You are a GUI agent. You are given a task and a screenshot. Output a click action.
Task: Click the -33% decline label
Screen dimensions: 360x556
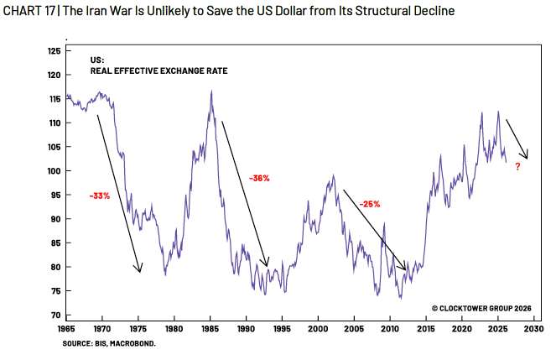pyautogui.click(x=99, y=196)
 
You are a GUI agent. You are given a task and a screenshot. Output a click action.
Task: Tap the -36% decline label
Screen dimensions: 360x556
pyautogui.click(x=259, y=178)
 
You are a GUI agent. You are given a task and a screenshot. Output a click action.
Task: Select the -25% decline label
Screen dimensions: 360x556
pyautogui.click(x=370, y=203)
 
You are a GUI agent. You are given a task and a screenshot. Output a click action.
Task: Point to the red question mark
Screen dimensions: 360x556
pyautogui.click(x=517, y=167)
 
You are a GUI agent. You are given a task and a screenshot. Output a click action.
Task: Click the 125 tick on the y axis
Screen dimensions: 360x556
pyautogui.click(x=55, y=51)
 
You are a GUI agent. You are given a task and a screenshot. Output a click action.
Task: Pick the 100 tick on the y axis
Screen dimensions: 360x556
pyautogui.click(x=55, y=171)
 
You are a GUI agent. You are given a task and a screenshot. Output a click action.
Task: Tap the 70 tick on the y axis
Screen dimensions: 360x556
pyautogui.click(x=56, y=316)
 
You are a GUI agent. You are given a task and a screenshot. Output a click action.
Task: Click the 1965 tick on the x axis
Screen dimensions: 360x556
pyautogui.click(x=68, y=330)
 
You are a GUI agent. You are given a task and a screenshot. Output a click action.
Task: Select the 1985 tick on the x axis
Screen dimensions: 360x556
pyautogui.click(x=210, y=330)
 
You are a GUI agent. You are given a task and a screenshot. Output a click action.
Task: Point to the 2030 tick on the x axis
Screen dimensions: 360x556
pyautogui.click(x=533, y=330)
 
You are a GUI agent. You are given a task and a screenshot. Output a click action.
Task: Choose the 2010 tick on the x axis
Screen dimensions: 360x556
pyautogui.click(x=389, y=330)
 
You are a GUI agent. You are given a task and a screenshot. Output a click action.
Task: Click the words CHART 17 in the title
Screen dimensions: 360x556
pyautogui.click(x=29, y=12)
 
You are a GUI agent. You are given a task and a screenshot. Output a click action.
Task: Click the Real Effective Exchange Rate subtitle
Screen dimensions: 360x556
pyautogui.click(x=159, y=71)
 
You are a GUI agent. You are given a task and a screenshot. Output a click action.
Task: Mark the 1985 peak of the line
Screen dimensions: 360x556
pyautogui.click(x=211, y=91)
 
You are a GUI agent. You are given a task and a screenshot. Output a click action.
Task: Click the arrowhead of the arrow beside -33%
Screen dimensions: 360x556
pyautogui.click(x=140, y=271)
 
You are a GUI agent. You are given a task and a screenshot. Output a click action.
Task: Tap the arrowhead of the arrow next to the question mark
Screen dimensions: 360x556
pyautogui.click(x=527, y=157)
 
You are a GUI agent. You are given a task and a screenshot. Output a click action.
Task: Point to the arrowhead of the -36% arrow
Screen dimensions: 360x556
pyautogui.click(x=267, y=265)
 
